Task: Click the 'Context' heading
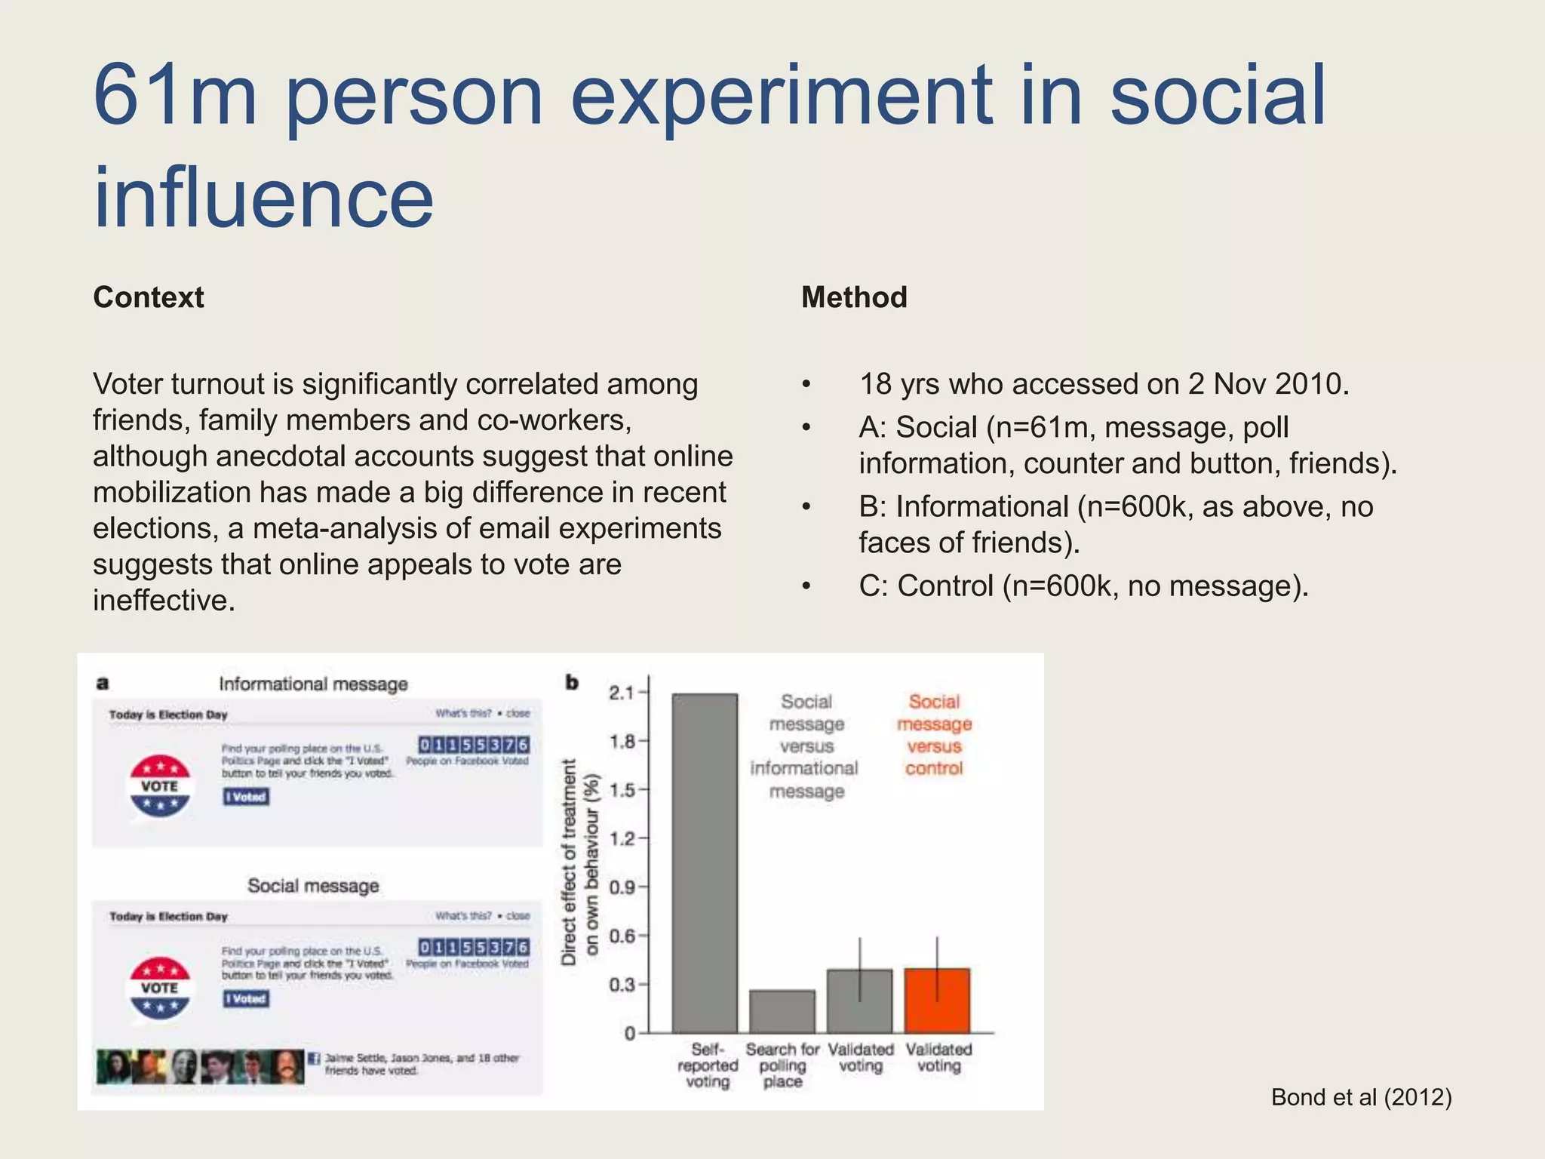click(x=148, y=297)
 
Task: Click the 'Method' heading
click(x=854, y=297)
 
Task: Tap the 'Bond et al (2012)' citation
click(x=1361, y=1097)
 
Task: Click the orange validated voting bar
click(x=937, y=1001)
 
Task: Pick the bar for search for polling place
click(x=782, y=1011)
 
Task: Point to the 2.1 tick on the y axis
click(x=622, y=693)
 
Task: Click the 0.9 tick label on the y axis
click(x=622, y=887)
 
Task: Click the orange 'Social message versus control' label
click(x=934, y=735)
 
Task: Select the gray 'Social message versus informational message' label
click(x=805, y=746)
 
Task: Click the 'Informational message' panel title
click(x=313, y=684)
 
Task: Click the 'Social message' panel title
click(x=313, y=886)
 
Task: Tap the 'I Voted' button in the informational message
click(x=246, y=797)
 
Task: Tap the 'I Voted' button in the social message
click(x=246, y=999)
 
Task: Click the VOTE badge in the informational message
click(x=159, y=786)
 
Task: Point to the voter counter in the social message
click(x=474, y=947)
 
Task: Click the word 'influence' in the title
click(x=263, y=198)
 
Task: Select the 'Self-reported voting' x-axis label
click(x=707, y=1065)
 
